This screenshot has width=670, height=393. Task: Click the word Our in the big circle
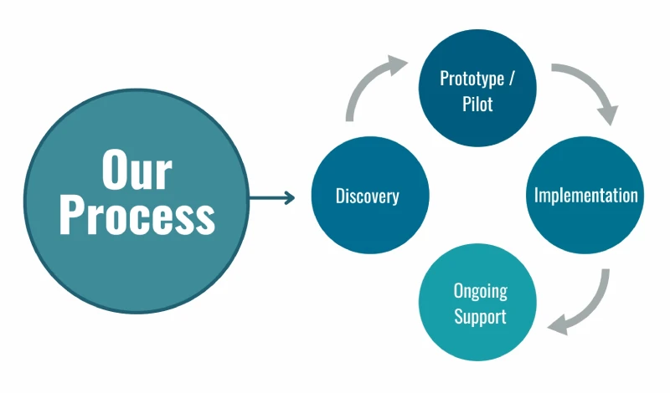click(x=137, y=170)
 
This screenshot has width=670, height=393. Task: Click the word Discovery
click(x=368, y=196)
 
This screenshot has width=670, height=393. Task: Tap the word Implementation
click(x=586, y=196)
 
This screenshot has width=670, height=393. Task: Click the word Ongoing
click(x=481, y=291)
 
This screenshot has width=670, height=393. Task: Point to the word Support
click(x=480, y=317)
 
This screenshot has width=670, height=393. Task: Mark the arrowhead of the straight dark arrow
click(x=290, y=198)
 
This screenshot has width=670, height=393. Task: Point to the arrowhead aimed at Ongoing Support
click(x=559, y=322)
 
